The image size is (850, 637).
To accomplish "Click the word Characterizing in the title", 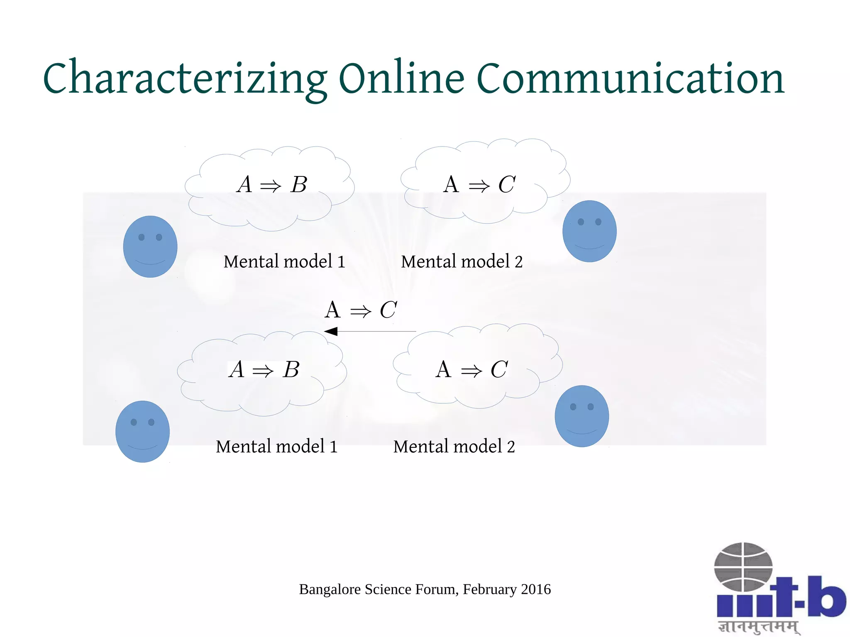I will click(185, 79).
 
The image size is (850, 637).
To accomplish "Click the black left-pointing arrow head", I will click(331, 331).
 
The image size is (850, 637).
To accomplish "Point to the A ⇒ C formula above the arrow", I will click(361, 310).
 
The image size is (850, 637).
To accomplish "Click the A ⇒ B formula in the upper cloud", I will click(272, 185).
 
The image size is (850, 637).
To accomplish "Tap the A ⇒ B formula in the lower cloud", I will click(264, 369).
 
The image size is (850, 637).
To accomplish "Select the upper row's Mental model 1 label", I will click(284, 261).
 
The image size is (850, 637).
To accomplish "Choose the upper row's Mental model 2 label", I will click(462, 261).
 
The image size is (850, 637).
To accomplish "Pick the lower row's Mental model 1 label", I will click(277, 447).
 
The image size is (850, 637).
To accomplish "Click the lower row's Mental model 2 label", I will click(454, 447).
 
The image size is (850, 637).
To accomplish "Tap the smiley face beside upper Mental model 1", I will click(150, 247).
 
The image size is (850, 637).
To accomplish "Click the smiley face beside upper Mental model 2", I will click(589, 231).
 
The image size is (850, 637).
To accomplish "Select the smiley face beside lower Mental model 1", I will click(142, 432).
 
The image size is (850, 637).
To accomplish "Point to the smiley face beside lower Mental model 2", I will click(582, 416).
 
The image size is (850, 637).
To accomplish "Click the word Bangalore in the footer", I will click(330, 589).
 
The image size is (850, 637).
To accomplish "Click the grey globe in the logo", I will click(743, 567).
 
